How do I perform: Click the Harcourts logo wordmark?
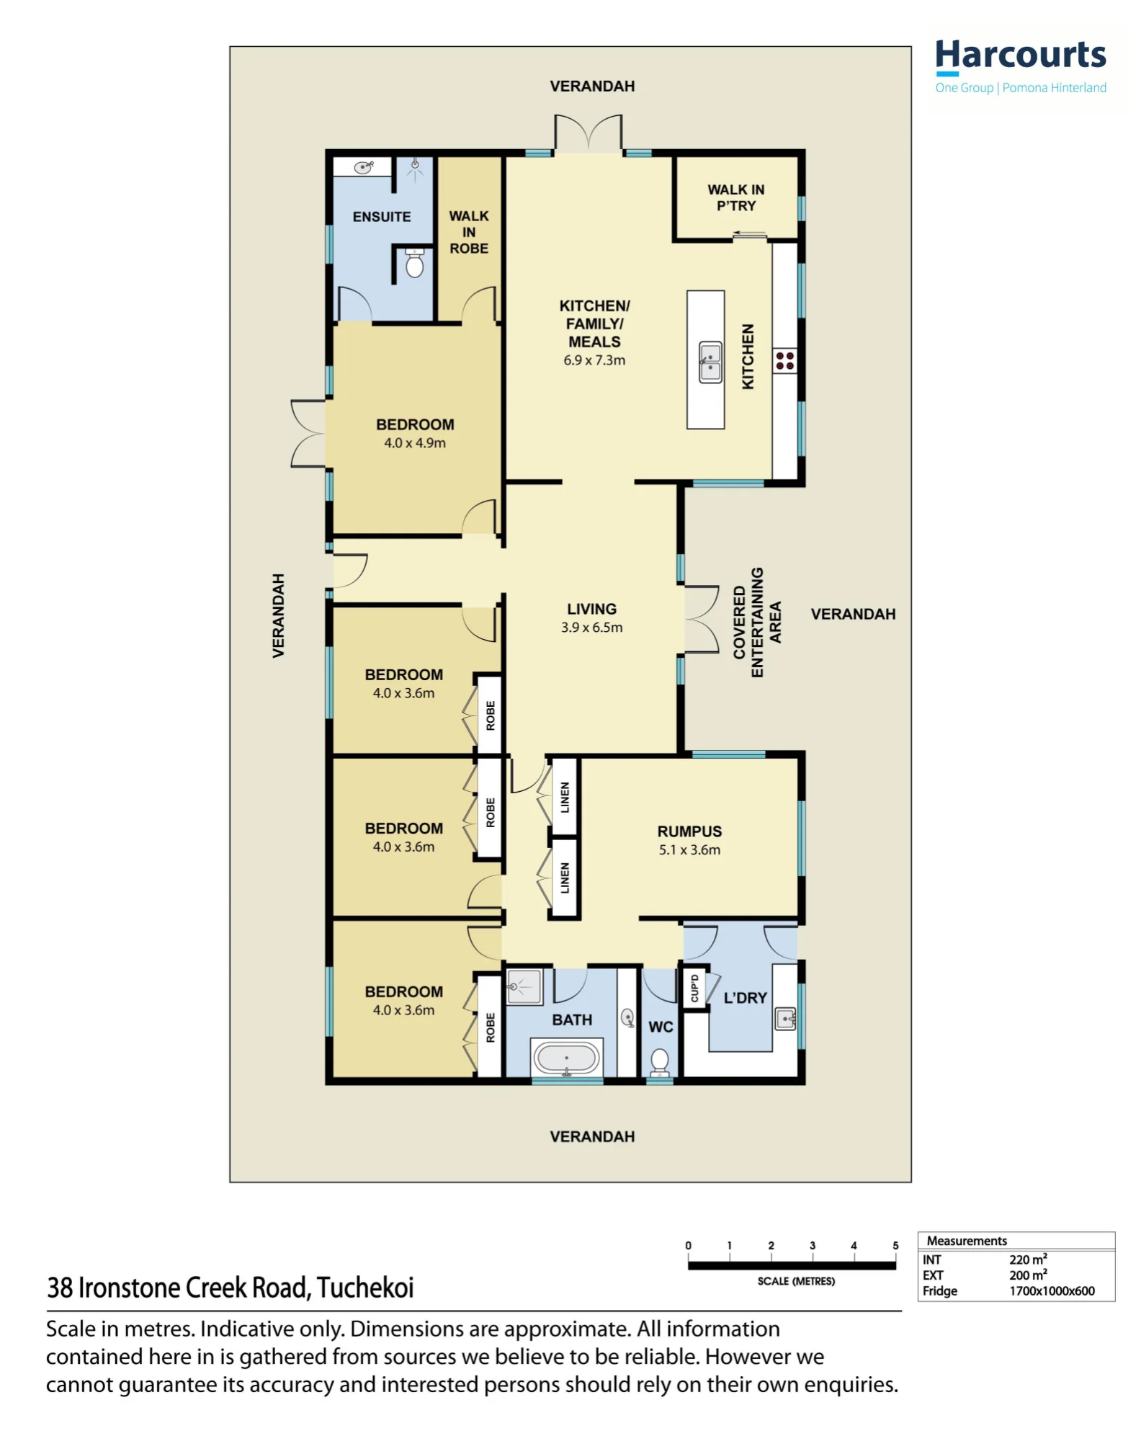click(1020, 55)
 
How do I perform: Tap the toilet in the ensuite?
click(414, 263)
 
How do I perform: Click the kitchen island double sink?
click(710, 362)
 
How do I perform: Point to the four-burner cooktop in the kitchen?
click(785, 360)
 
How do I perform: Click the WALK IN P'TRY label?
click(735, 197)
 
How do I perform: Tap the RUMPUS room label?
click(689, 831)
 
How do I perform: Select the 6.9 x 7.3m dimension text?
click(594, 360)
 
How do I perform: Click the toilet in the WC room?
click(659, 1062)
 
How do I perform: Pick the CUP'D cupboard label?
click(694, 988)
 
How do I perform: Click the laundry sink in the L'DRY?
click(786, 1020)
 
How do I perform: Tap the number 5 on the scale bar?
click(895, 1245)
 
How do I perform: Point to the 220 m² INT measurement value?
click(1028, 1259)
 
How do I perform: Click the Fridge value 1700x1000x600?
click(1052, 1291)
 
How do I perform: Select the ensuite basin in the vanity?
click(364, 167)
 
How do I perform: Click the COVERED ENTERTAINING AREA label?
click(757, 623)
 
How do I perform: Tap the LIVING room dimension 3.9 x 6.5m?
click(591, 628)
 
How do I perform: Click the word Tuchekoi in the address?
click(365, 1288)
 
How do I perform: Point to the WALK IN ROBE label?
click(469, 232)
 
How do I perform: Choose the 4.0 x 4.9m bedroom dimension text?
click(415, 443)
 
